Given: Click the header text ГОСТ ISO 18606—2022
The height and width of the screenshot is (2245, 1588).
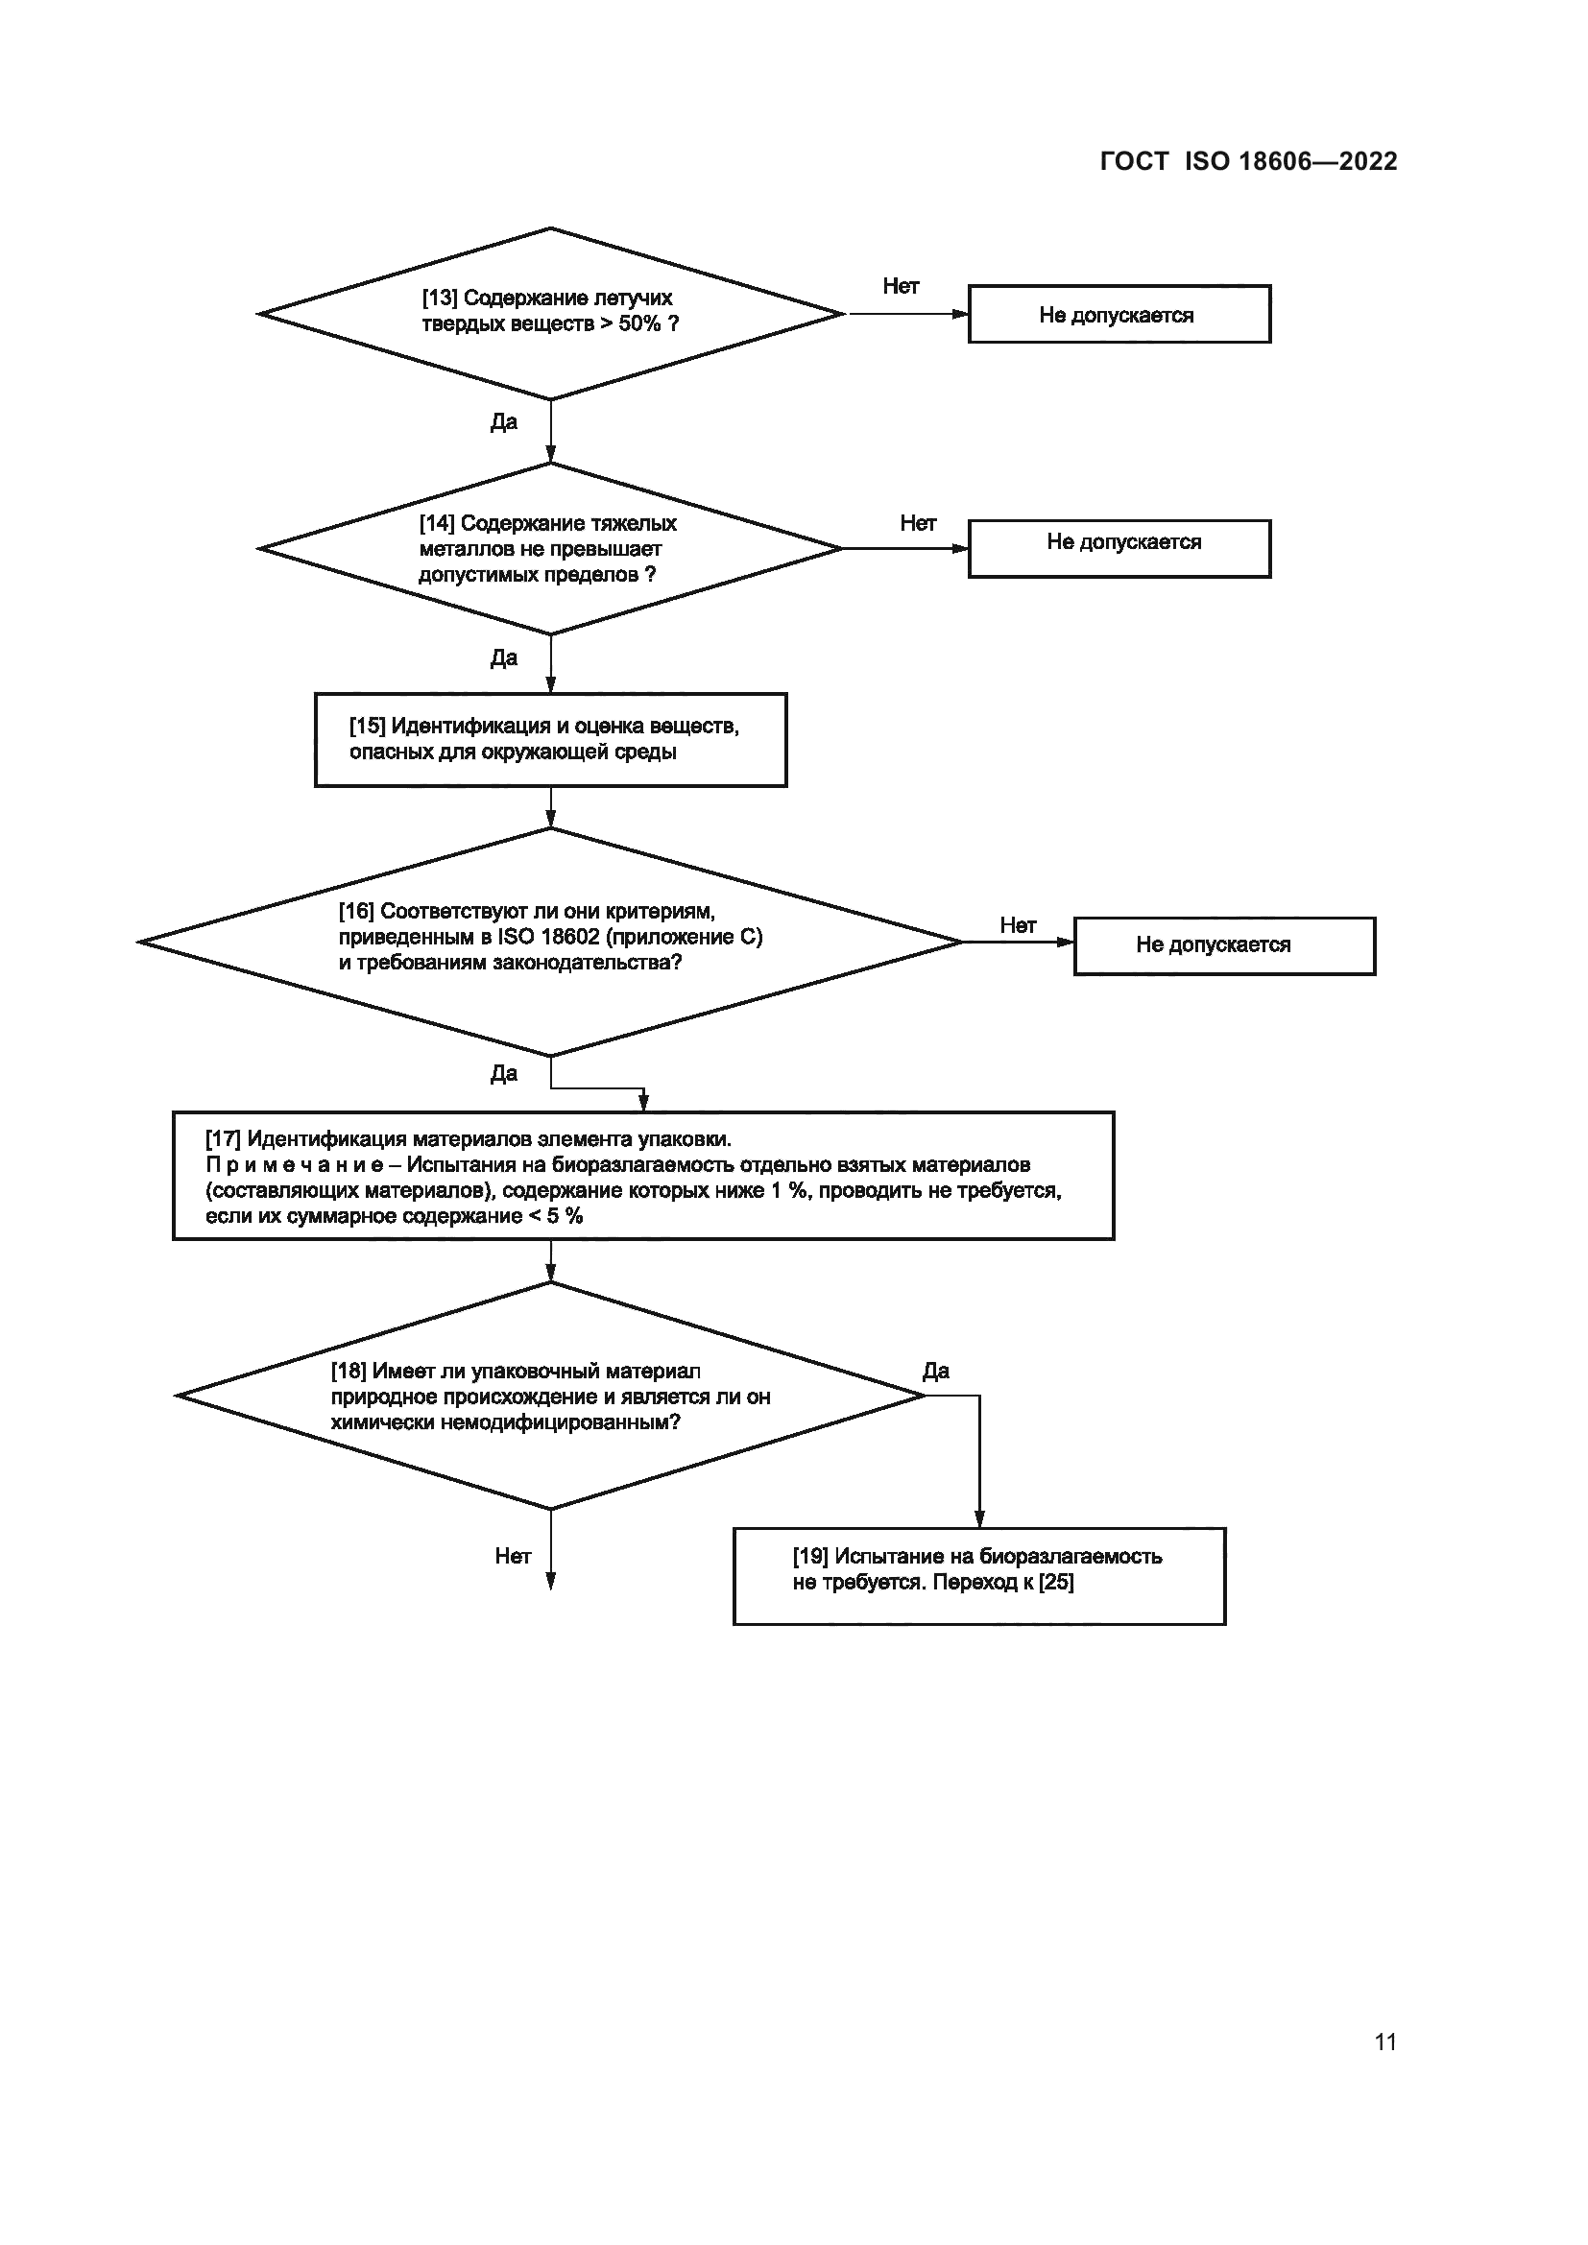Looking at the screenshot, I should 1248,161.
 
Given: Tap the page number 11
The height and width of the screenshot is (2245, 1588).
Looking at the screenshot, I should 1384,2042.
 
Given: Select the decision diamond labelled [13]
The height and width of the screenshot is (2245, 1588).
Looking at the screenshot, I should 550,313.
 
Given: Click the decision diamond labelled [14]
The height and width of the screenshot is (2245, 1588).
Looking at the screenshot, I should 550,549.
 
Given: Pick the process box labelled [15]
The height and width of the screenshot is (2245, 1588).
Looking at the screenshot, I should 550,740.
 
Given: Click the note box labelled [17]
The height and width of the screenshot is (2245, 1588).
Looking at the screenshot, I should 642,1177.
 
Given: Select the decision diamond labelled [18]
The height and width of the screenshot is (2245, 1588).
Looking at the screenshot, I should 550,1397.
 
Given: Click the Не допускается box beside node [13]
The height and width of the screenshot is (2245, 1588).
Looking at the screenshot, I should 1119,315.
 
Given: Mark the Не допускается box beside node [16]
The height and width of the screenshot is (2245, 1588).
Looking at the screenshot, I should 1223,945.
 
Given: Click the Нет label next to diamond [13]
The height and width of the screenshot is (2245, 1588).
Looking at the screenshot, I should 901,286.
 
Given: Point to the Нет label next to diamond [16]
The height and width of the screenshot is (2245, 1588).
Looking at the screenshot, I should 1017,925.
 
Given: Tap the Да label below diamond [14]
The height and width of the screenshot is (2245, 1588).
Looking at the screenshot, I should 504,658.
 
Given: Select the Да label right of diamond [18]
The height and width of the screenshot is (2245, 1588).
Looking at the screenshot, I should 936,1371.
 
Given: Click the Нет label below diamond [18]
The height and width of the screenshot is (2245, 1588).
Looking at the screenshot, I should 513,1556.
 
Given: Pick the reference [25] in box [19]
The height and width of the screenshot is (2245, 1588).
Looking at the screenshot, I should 1056,1582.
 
